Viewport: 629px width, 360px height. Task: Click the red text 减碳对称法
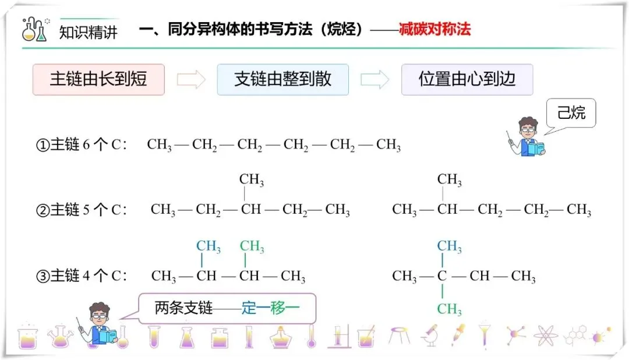pyautogui.click(x=434, y=30)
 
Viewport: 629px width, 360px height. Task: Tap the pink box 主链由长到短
pyautogui.click(x=98, y=80)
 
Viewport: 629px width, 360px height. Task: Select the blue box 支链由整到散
pyautogui.click(x=282, y=80)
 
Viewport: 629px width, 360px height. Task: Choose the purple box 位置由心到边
pyautogui.click(x=467, y=80)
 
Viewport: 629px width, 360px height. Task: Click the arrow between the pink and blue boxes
pyautogui.click(x=191, y=80)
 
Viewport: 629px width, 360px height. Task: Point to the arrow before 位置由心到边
pyautogui.click(x=375, y=80)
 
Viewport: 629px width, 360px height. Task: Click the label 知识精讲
pyautogui.click(x=88, y=31)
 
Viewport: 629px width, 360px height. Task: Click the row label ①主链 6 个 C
pyautogui.click(x=82, y=145)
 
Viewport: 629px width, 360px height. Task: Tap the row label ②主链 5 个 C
pyautogui.click(x=82, y=210)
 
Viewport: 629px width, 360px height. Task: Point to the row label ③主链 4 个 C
pyautogui.click(x=82, y=276)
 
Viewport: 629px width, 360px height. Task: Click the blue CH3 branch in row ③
pyautogui.click(x=208, y=247)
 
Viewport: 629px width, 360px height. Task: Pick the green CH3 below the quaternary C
pyautogui.click(x=449, y=308)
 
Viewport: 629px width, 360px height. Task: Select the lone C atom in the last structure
pyautogui.click(x=442, y=276)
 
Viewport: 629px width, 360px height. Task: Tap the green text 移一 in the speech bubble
pyautogui.click(x=285, y=308)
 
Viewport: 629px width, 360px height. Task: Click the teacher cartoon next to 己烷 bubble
pyautogui.click(x=527, y=137)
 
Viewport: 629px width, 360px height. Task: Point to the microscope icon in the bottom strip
pyautogui.click(x=430, y=336)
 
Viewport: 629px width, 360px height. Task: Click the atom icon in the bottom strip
pyautogui.click(x=546, y=336)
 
